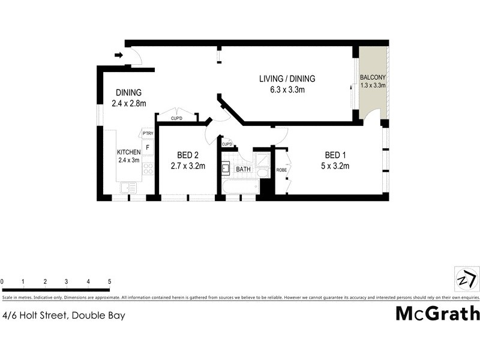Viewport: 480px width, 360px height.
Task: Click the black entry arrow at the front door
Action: pos(119,56)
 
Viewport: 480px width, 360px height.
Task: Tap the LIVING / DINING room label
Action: pos(287,79)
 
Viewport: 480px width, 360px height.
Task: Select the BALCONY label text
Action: pos(373,78)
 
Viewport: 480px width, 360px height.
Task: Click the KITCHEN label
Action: pos(128,152)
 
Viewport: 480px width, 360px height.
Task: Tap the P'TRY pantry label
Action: pos(148,133)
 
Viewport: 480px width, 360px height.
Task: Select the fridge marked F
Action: pos(148,146)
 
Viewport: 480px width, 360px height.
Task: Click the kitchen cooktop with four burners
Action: pos(148,168)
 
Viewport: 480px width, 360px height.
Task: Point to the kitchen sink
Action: pos(128,188)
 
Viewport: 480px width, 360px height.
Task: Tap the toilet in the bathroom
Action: pos(262,173)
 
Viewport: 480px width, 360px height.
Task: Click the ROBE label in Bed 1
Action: pos(281,170)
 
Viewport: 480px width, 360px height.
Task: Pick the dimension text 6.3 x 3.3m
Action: pos(287,91)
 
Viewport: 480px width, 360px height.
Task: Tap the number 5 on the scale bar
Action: pos(109,281)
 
